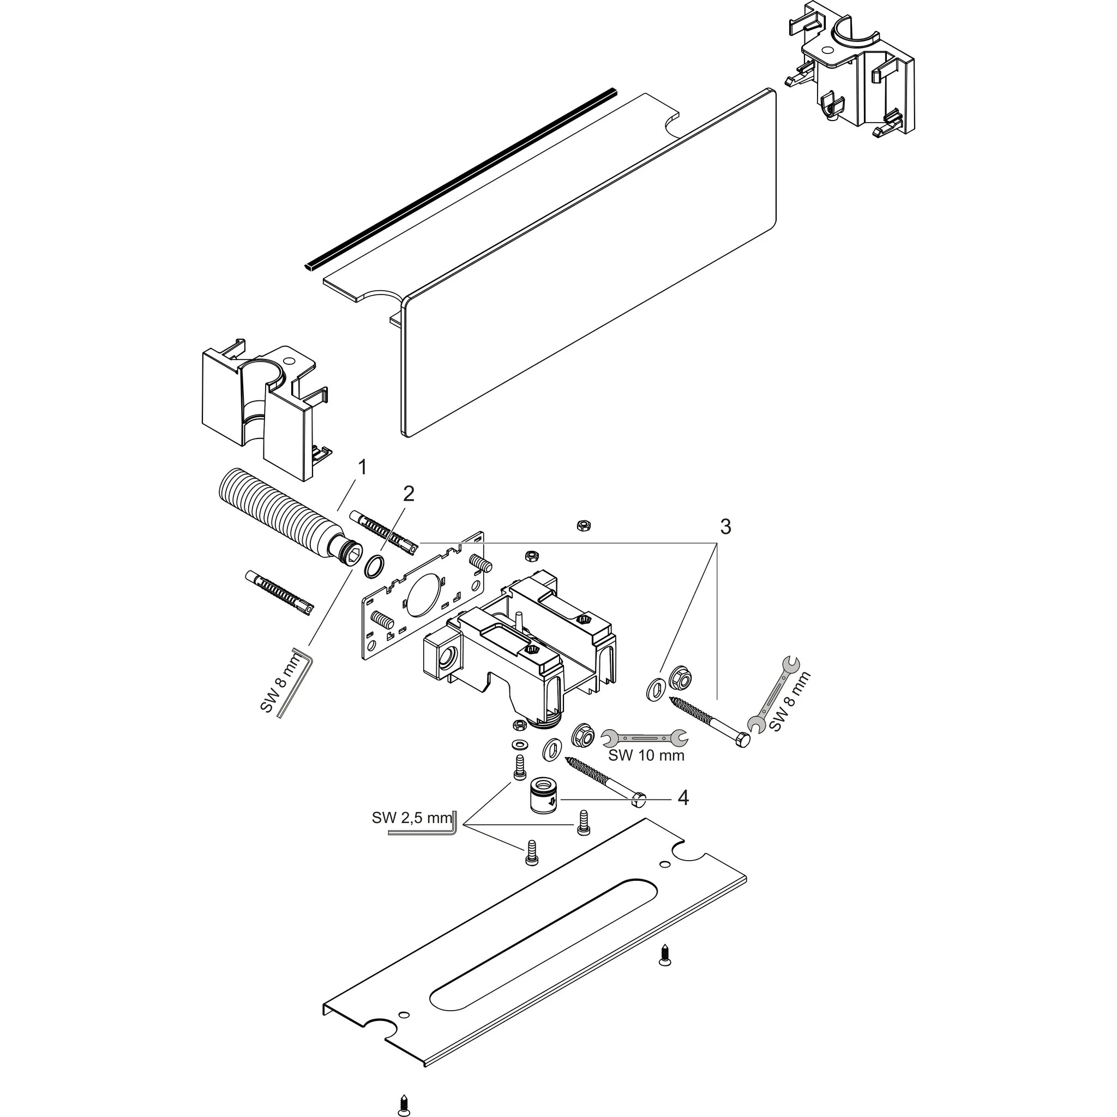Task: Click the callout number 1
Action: [362, 467]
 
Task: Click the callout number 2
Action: [408, 494]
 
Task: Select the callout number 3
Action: [725, 526]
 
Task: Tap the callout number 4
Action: [683, 798]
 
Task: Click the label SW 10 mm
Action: [646, 755]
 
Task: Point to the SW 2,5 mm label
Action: [411, 818]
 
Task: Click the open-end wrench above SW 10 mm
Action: [644, 737]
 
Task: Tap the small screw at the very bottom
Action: [404, 1104]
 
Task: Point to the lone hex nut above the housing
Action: [583, 525]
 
